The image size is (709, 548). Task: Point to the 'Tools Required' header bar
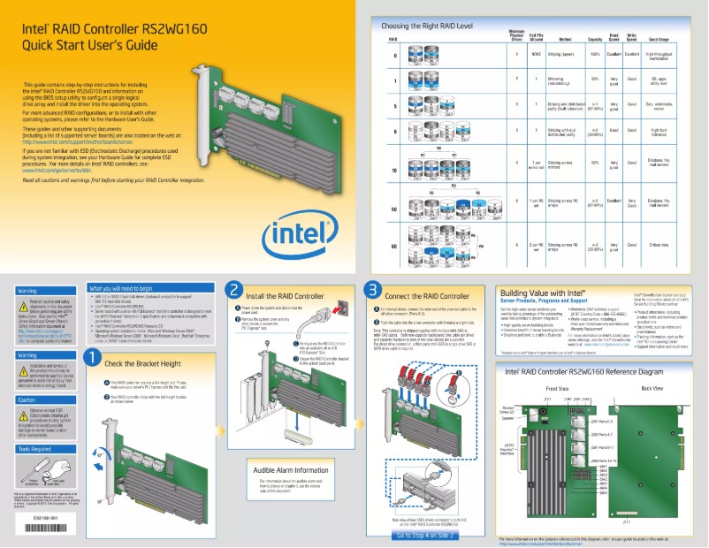click(46, 448)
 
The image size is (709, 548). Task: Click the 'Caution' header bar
click(46, 400)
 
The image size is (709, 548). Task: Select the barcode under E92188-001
click(46, 527)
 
